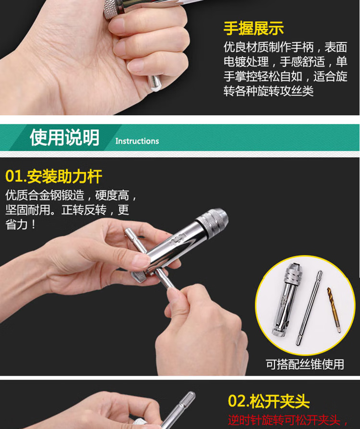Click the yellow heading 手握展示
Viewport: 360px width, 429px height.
tap(253, 29)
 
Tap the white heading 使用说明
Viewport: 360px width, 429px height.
tap(64, 137)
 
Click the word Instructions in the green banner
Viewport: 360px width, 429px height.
tap(137, 141)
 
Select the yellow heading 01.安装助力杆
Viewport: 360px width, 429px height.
tap(54, 176)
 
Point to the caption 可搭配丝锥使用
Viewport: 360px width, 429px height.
tap(305, 364)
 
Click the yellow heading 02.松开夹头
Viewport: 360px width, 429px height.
tap(269, 401)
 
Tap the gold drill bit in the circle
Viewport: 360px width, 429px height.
tap(334, 310)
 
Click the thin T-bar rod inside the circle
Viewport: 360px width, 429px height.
tap(309, 307)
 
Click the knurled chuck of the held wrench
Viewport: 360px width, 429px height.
tap(212, 221)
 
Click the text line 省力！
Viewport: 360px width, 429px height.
tap(21, 225)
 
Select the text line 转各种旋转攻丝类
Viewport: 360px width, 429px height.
tap(268, 91)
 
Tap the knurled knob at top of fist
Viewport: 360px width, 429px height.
tap(111, 10)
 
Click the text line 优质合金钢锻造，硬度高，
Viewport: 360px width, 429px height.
tap(71, 196)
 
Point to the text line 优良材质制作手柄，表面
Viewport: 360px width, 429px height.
tap(286, 47)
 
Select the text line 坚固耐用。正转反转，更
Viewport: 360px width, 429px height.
tap(67, 210)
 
